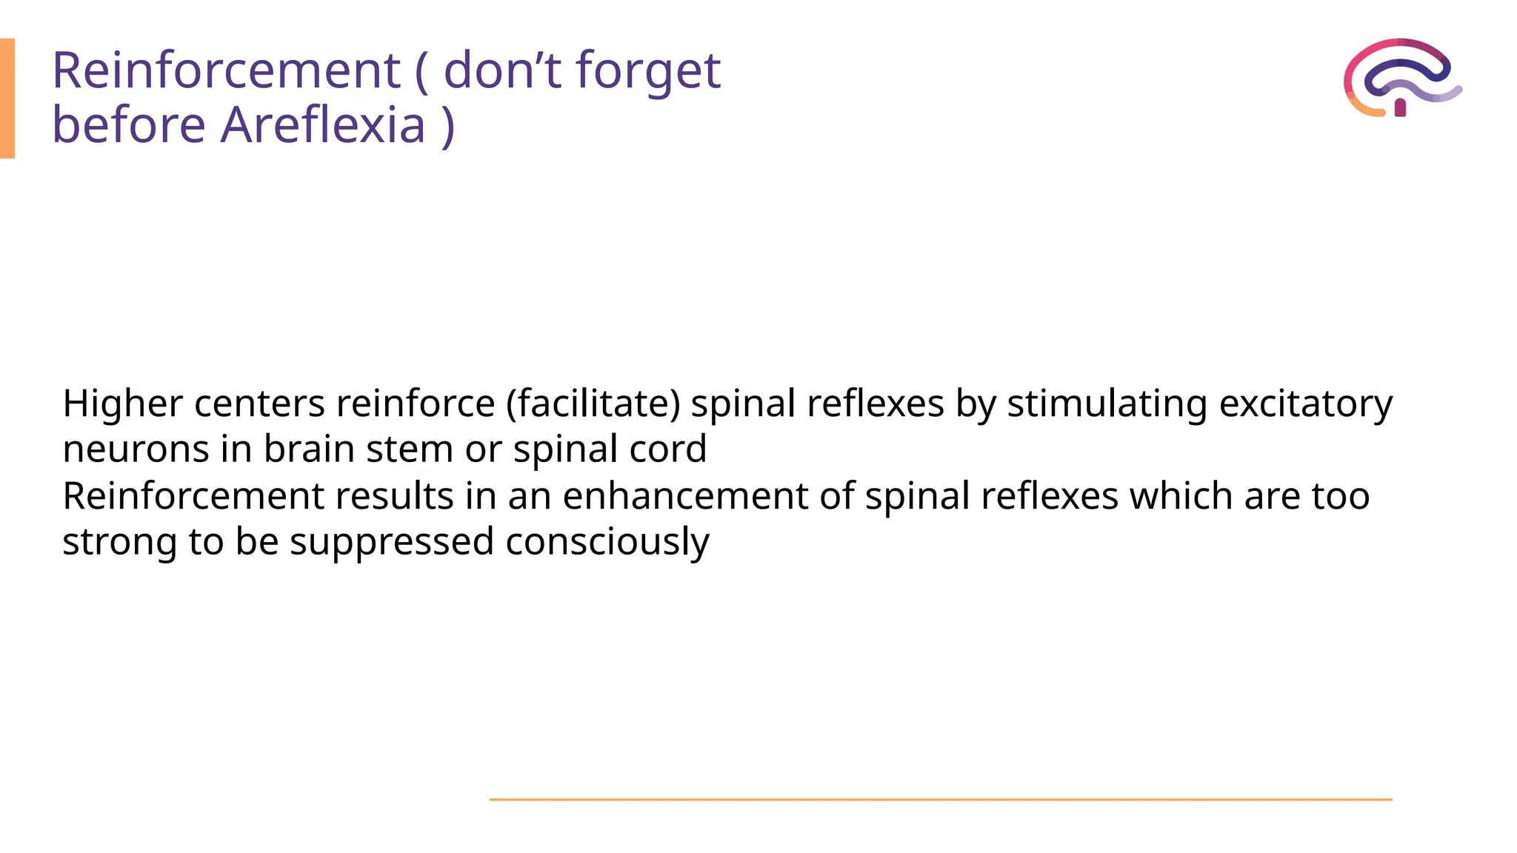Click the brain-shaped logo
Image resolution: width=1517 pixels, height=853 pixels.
point(1401,78)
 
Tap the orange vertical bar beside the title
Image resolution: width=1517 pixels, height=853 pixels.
point(7,98)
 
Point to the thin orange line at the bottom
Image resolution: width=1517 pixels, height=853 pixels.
point(940,800)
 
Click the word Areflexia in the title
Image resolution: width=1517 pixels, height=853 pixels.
point(323,124)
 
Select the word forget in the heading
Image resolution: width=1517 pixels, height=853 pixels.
point(648,71)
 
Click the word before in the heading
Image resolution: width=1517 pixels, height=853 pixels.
point(128,124)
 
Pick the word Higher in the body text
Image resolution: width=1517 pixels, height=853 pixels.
point(122,404)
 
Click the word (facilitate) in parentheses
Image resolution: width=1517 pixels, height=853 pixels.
point(593,404)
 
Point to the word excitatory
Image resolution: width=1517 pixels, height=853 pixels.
point(1306,404)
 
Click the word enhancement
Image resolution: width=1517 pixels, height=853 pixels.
point(685,496)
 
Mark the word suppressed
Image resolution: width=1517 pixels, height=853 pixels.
point(391,542)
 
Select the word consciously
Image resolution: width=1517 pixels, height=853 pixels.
point(607,542)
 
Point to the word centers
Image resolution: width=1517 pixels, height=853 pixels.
point(259,404)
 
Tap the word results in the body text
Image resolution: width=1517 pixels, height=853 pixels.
point(394,496)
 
